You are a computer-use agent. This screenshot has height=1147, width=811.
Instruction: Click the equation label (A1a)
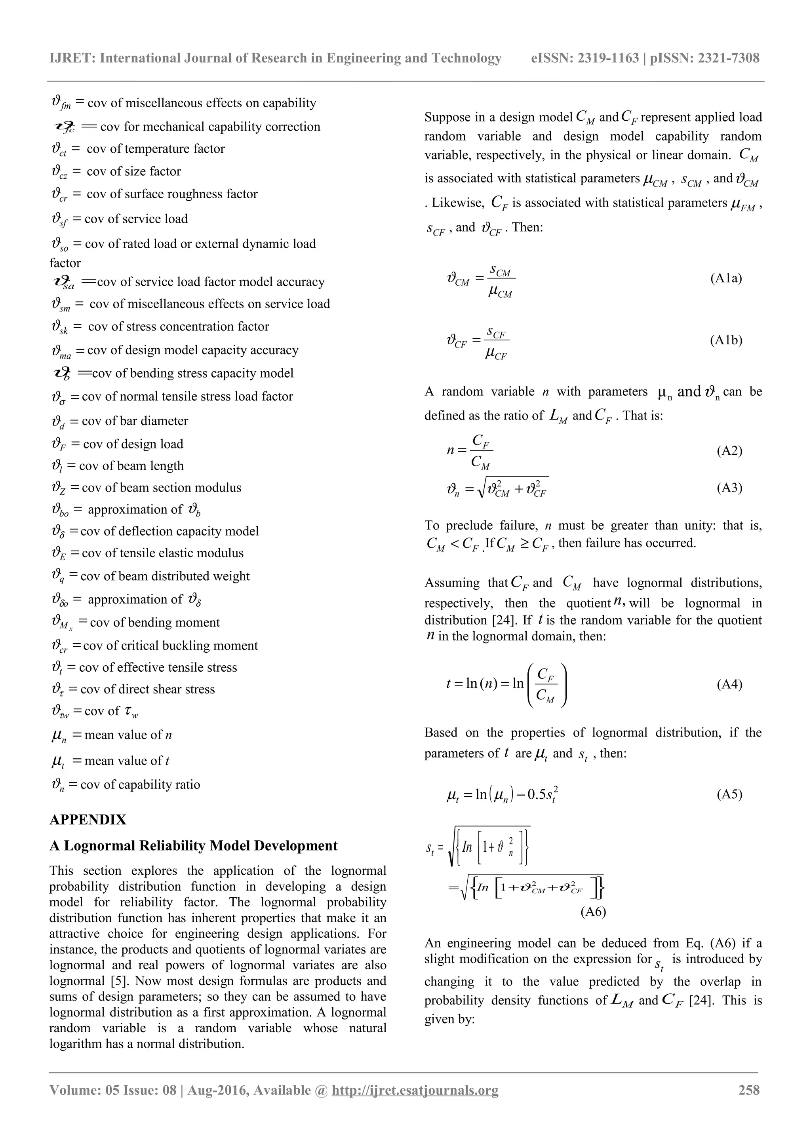point(725,278)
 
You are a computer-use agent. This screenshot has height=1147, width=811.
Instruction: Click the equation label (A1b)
point(725,340)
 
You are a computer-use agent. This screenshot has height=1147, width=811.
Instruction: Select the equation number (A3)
point(729,488)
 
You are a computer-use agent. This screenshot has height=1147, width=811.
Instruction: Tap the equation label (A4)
point(729,684)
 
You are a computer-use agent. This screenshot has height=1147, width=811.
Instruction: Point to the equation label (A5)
point(729,794)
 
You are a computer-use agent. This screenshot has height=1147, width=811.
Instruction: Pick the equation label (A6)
point(593,912)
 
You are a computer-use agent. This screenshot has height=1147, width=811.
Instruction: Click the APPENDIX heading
point(88,820)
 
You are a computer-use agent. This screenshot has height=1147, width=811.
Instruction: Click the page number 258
point(748,1090)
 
